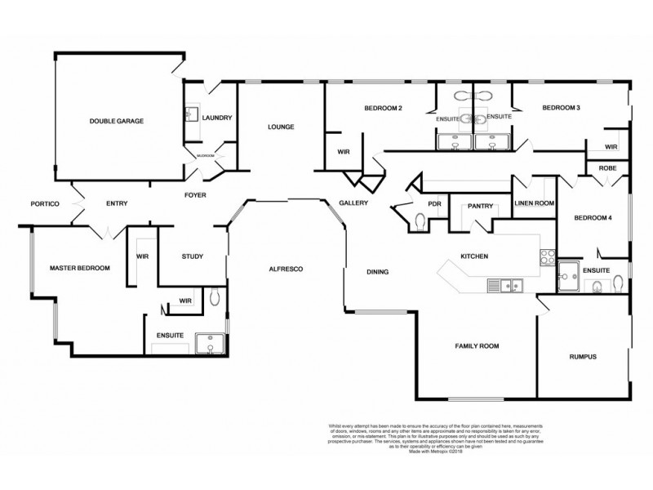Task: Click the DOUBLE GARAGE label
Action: [x=117, y=121]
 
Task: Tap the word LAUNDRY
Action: [x=217, y=118]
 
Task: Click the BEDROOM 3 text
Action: [x=561, y=108]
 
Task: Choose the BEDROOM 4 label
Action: [x=593, y=218]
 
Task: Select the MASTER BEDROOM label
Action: [x=79, y=267]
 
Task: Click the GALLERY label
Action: [x=354, y=203]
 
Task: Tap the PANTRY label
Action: [x=479, y=207]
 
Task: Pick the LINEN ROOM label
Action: [x=535, y=203]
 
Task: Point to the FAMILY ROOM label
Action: [x=477, y=346]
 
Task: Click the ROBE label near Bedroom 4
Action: [x=606, y=167]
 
